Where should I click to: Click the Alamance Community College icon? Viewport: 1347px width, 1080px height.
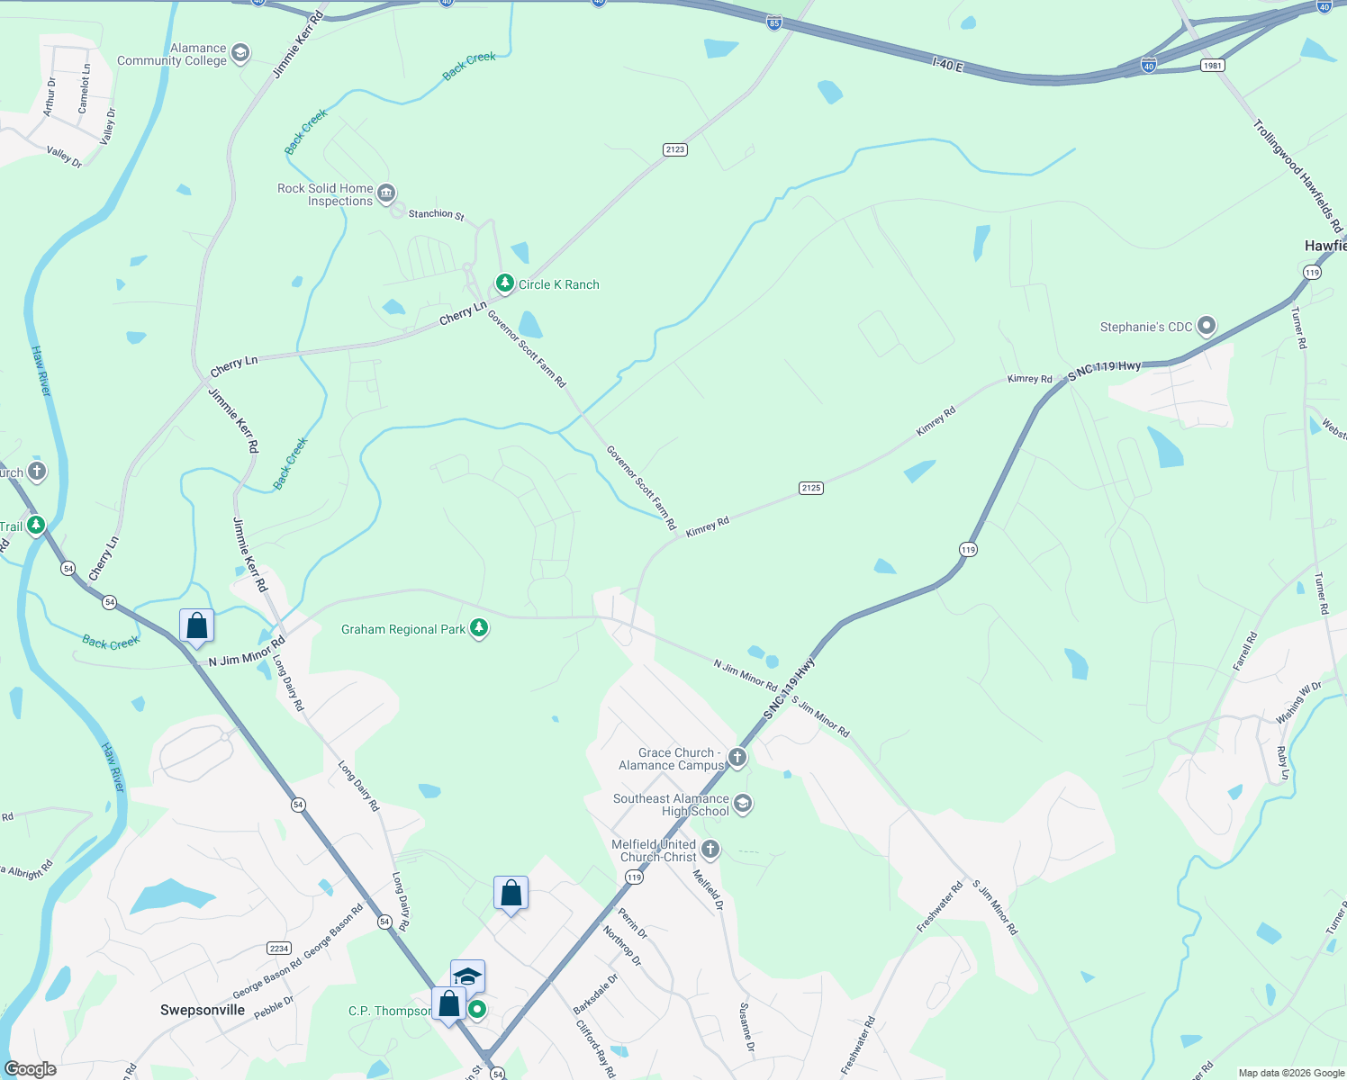[240, 53]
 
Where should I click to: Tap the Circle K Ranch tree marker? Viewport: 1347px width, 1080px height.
[505, 284]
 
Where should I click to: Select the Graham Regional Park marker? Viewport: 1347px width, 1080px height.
[479, 628]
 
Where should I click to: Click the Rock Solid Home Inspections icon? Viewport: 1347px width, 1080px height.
[386, 193]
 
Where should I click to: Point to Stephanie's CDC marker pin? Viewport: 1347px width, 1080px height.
[1207, 326]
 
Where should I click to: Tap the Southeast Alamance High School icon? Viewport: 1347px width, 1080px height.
[743, 803]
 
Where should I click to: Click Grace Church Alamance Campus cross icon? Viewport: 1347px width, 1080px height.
[738, 758]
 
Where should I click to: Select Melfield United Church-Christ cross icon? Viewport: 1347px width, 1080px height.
[710, 849]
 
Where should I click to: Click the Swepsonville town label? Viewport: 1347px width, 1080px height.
[203, 1010]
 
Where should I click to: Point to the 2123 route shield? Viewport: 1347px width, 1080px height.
[675, 149]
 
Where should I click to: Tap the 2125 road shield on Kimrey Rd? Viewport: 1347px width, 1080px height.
[810, 488]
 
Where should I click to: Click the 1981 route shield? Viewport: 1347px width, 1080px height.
[1213, 65]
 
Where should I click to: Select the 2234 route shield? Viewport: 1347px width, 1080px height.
[279, 948]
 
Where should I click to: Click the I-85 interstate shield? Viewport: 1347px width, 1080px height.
[774, 23]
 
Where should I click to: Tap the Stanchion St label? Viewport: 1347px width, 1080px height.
[436, 214]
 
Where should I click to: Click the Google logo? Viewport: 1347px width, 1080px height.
[31, 1069]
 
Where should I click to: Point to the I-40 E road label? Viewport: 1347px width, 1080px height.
[948, 65]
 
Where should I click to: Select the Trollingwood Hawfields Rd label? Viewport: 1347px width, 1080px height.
[1297, 175]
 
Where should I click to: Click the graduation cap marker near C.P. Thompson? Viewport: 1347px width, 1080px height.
[468, 976]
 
